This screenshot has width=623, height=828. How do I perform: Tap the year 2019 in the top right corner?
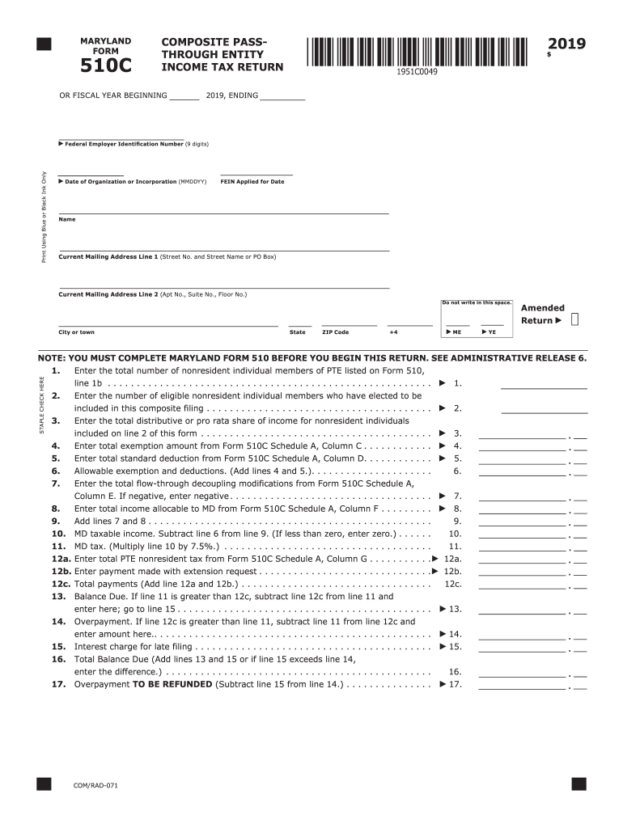coord(566,44)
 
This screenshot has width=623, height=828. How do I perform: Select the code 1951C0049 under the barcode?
coord(417,73)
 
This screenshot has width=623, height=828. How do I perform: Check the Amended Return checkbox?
coord(574,320)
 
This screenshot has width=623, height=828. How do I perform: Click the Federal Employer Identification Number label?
coord(124,144)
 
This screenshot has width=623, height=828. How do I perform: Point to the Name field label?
coord(67,219)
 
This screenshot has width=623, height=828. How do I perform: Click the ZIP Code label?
coord(335,332)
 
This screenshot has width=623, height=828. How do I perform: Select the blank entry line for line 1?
coord(544,383)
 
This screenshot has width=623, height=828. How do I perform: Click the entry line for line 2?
coord(544,408)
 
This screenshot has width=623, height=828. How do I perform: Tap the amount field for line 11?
coord(522,546)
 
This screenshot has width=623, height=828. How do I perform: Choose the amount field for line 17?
coord(522,684)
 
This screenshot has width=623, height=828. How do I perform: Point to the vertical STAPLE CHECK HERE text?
coord(42,404)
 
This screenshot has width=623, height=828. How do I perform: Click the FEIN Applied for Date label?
coord(252,181)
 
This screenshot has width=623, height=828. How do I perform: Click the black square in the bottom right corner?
coord(578,784)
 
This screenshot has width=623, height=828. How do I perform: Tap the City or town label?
coord(76,332)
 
